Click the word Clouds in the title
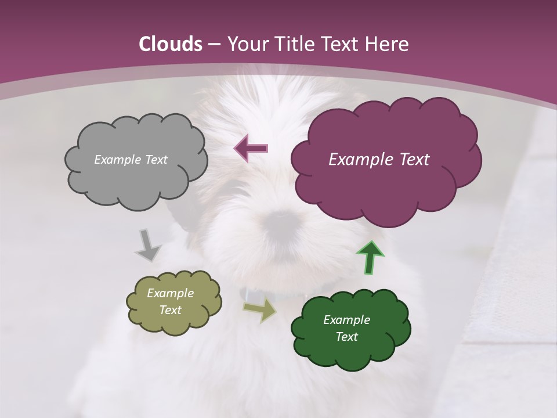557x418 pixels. [171, 44]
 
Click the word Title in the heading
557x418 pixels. [292, 44]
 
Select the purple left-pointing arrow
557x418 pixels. [251, 148]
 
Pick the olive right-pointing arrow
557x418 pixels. [260, 309]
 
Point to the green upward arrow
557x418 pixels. [370, 257]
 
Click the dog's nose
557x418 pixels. [281, 219]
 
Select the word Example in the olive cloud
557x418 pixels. [170, 293]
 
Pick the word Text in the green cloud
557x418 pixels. [346, 337]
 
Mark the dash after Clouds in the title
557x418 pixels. [214, 44]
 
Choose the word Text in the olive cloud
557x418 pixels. [170, 310]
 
